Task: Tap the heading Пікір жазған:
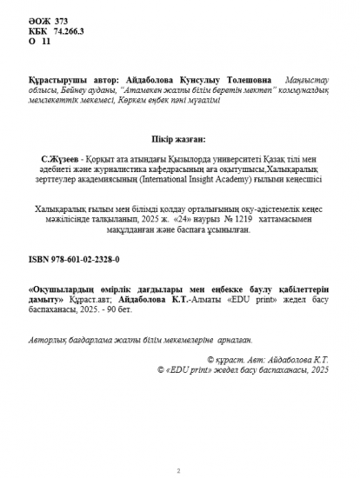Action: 179,138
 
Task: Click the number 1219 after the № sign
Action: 230,219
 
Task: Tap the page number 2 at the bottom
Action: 178,469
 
